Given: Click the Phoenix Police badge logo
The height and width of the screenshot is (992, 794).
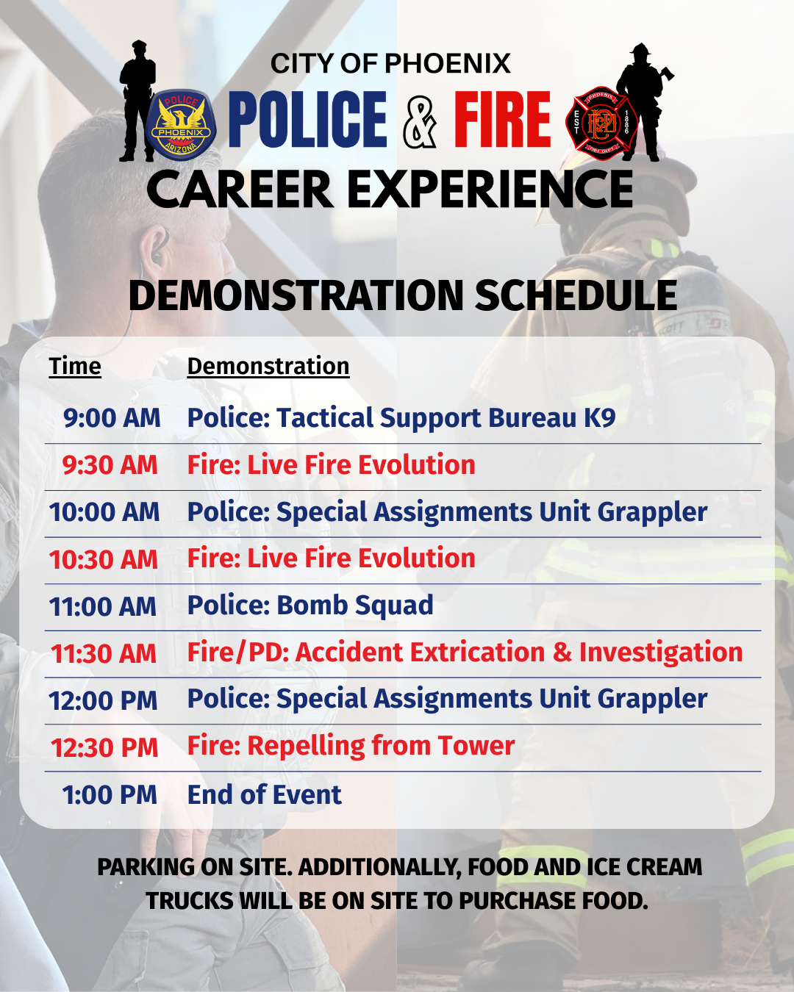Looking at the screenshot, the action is [180, 124].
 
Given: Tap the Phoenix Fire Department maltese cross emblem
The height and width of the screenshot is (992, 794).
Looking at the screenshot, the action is [601, 123].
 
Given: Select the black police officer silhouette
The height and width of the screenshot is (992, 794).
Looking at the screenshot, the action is [137, 101].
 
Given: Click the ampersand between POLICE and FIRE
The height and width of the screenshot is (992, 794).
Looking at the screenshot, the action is [420, 120].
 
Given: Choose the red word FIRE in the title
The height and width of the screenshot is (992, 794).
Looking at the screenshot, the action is [502, 119].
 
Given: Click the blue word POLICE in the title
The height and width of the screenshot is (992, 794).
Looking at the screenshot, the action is [307, 119].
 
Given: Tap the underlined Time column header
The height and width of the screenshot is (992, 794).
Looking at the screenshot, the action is [75, 367].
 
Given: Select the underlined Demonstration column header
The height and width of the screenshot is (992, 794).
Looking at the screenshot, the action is [268, 367].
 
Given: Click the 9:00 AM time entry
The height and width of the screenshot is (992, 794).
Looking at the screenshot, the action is [112, 418].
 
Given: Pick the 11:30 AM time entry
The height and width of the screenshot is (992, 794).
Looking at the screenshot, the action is [104, 653].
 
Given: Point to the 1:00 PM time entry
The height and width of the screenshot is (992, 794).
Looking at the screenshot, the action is [110, 795].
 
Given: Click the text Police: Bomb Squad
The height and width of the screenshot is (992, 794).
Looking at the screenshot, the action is [310, 605].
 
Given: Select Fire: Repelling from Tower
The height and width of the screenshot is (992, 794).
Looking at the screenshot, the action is [351, 746].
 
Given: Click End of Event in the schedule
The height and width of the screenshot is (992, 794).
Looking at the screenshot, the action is [265, 794].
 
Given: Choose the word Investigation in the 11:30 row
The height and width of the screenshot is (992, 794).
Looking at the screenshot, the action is [661, 653].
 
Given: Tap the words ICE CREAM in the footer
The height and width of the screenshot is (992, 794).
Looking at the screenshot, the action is [645, 867].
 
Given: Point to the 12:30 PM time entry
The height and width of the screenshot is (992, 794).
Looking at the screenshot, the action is [104, 747].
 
